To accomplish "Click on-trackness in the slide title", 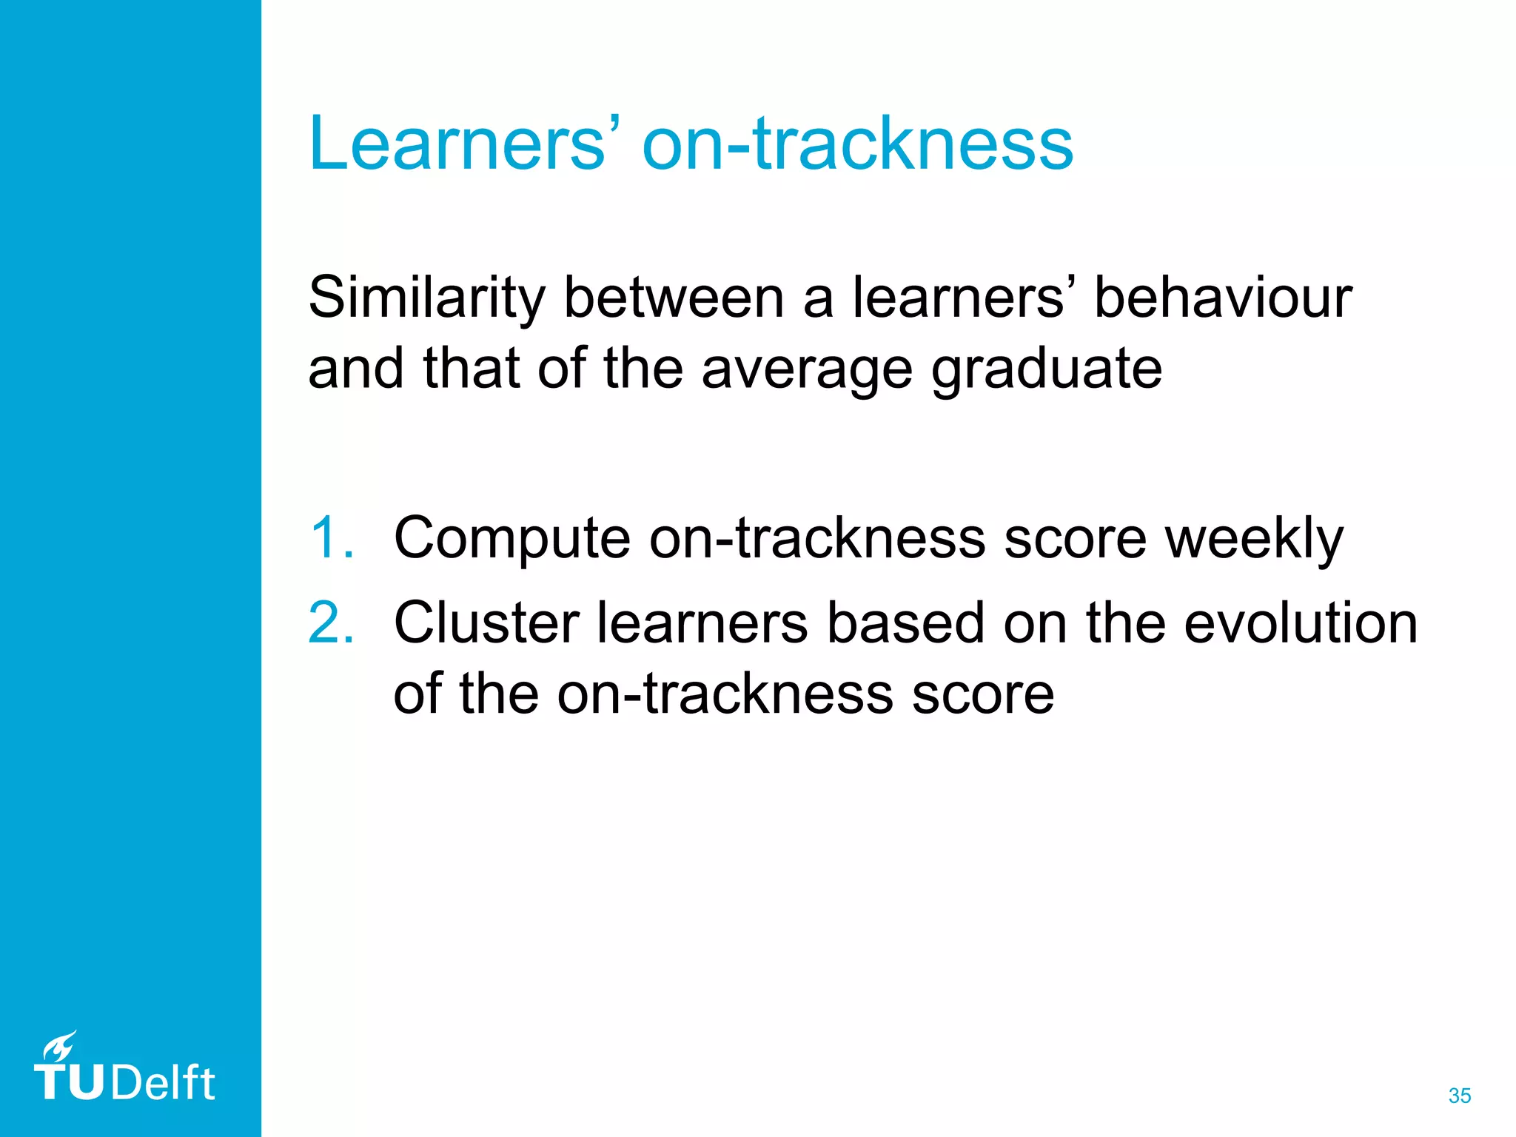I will (857, 144).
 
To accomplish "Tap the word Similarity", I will (426, 298).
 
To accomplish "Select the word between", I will (674, 298).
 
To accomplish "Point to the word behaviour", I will (1223, 298).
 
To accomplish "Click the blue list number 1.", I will (329, 538).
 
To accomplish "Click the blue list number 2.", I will (329, 623).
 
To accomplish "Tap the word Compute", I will (512, 538).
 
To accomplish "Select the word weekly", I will (1254, 538).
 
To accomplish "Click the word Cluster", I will (486, 623).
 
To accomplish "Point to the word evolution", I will (1301, 623).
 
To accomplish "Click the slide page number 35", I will (1459, 1096).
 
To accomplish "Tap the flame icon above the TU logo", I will (59, 1047).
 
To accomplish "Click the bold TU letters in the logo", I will (70, 1084).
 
